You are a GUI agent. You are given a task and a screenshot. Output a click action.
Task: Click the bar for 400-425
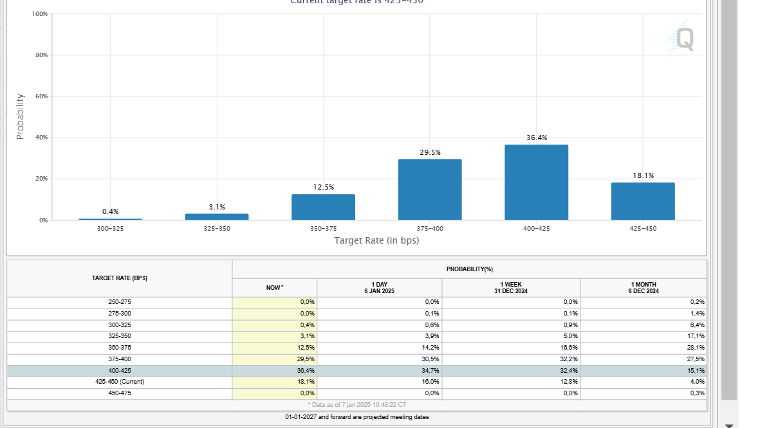pyautogui.click(x=536, y=183)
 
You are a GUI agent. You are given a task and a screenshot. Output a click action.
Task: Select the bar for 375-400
pyautogui.click(x=430, y=190)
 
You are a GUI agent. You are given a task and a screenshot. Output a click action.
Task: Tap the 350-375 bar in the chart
pyautogui.click(x=323, y=207)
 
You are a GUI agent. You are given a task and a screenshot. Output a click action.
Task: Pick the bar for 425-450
pyautogui.click(x=643, y=201)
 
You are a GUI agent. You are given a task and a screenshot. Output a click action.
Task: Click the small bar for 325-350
pyautogui.click(x=217, y=217)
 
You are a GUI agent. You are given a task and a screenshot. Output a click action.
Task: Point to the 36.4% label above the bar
pyautogui.click(x=537, y=138)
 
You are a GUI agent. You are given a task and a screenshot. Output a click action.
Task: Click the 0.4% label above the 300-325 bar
pyautogui.click(x=110, y=211)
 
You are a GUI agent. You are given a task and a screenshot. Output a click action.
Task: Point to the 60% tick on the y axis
pyautogui.click(x=41, y=96)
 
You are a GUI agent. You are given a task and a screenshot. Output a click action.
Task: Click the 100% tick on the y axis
pyautogui.click(x=39, y=14)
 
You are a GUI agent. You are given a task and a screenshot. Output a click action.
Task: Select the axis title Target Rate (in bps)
pyautogui.click(x=376, y=240)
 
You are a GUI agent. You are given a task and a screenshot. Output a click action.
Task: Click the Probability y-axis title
pyautogui.click(x=20, y=116)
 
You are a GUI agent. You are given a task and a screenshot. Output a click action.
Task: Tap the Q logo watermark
pyautogui.click(x=682, y=39)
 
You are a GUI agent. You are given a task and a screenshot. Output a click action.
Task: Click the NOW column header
pyautogui.click(x=275, y=288)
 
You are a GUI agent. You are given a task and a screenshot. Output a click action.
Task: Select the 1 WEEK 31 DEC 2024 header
pyautogui.click(x=511, y=288)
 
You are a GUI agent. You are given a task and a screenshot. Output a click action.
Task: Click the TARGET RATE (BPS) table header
pyautogui.click(x=120, y=278)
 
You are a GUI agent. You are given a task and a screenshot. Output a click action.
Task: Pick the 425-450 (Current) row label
pyautogui.click(x=120, y=382)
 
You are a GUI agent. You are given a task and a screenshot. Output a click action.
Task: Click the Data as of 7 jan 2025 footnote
pyautogui.click(x=357, y=405)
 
